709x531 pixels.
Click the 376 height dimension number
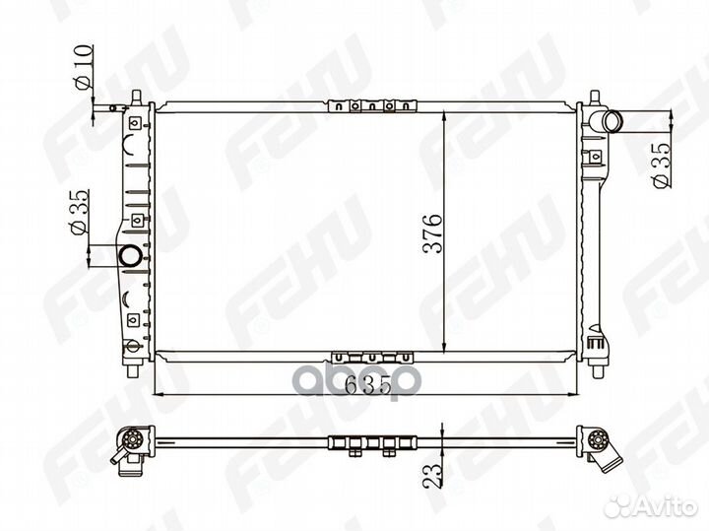pyautogui.click(x=432, y=232)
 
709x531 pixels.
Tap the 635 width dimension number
pyautogui.click(x=367, y=384)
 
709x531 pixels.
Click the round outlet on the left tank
pyautogui.click(x=130, y=255)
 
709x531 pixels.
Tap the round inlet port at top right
pyautogui.click(x=613, y=122)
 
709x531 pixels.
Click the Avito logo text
pyautogui.click(x=669, y=507)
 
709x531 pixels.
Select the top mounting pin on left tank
pyautogui.click(x=136, y=98)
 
